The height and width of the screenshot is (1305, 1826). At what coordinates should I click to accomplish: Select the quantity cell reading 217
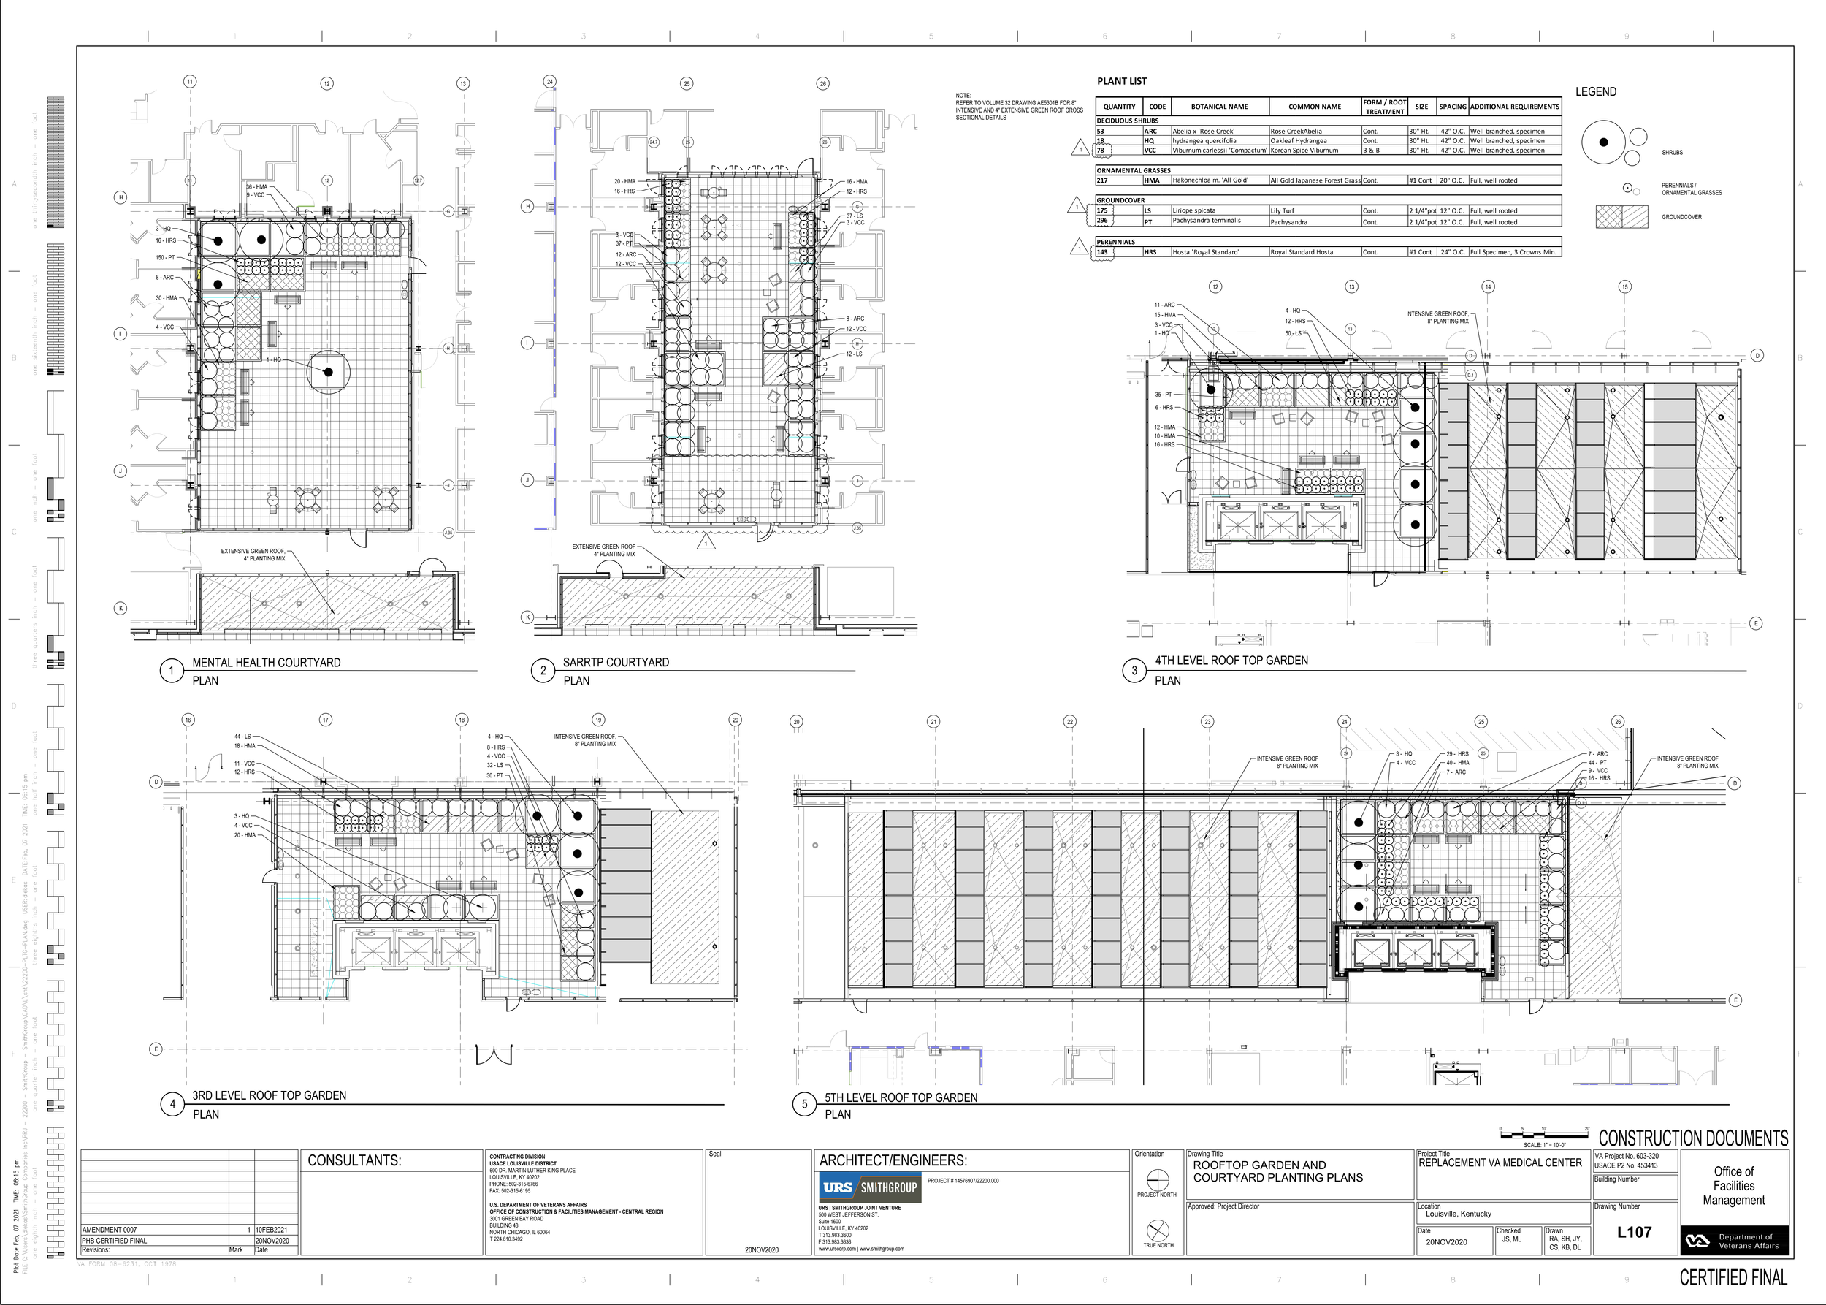tap(1102, 180)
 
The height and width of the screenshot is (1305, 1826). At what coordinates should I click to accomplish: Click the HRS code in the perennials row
tap(1150, 252)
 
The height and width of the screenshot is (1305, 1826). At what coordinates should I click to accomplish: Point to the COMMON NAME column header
tap(1314, 106)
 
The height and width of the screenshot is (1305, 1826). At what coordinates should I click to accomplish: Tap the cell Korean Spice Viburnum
tap(1304, 151)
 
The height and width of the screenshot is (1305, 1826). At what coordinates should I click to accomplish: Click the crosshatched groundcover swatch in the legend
tap(1621, 217)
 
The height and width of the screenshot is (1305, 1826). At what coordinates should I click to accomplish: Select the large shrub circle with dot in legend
tap(1603, 142)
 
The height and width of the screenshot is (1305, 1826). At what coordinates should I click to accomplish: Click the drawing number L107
tap(1633, 1233)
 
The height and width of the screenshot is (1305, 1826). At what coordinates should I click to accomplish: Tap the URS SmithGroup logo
tap(870, 1187)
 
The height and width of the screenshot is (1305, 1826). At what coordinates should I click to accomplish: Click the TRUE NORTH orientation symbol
tap(1158, 1230)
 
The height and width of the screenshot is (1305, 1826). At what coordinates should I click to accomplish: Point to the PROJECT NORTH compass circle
tap(1158, 1179)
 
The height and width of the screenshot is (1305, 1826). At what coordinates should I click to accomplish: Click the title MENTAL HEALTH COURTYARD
tap(266, 663)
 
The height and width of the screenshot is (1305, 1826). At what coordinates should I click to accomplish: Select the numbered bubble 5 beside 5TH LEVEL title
tap(804, 1104)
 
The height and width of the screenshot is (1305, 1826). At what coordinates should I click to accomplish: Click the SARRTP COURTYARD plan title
tap(615, 662)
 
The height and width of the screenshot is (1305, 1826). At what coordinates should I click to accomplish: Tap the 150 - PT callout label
tap(166, 258)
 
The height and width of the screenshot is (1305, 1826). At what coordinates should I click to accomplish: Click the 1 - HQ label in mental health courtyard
tap(273, 360)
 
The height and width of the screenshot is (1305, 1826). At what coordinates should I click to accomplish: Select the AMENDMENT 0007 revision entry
tap(110, 1230)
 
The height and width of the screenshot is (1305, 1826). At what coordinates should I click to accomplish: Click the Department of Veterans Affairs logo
tap(1734, 1241)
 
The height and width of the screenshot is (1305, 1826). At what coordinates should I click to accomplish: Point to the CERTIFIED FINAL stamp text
tap(1734, 1278)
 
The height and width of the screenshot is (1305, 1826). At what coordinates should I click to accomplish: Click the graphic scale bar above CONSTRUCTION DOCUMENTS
tap(1543, 1130)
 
